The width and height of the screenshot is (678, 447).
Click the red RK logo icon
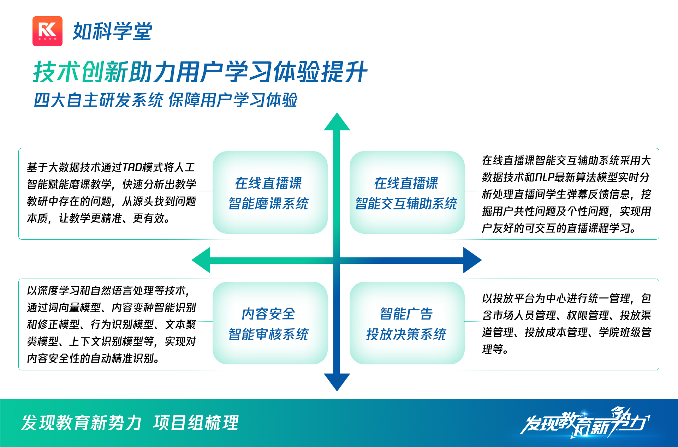click(x=47, y=31)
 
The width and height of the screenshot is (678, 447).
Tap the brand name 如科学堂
click(x=112, y=31)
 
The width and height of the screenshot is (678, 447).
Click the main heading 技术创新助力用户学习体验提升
click(x=200, y=72)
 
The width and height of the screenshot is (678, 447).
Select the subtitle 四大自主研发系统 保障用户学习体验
click(x=166, y=100)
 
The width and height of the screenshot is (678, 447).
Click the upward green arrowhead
click(x=337, y=122)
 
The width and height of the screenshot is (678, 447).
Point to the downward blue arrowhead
click(x=337, y=382)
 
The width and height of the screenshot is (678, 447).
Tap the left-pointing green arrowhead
click(x=201, y=260)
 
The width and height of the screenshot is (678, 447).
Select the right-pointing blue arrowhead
click(x=472, y=260)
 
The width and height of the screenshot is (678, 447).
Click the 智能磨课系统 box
click(x=270, y=192)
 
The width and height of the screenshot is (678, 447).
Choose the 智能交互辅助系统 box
click(x=407, y=192)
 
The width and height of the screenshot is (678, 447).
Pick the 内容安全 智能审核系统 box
click(x=270, y=323)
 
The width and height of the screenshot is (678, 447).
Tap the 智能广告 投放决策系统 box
click(x=407, y=323)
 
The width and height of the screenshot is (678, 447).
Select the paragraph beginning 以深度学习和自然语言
click(x=112, y=324)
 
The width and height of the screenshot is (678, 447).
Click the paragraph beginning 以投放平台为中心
click(x=566, y=324)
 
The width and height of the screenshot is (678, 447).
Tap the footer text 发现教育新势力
click(x=82, y=423)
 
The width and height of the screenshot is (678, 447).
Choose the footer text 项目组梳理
click(x=196, y=423)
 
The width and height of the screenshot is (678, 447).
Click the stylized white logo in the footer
click(x=585, y=423)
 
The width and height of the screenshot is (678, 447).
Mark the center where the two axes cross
click(x=337, y=260)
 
